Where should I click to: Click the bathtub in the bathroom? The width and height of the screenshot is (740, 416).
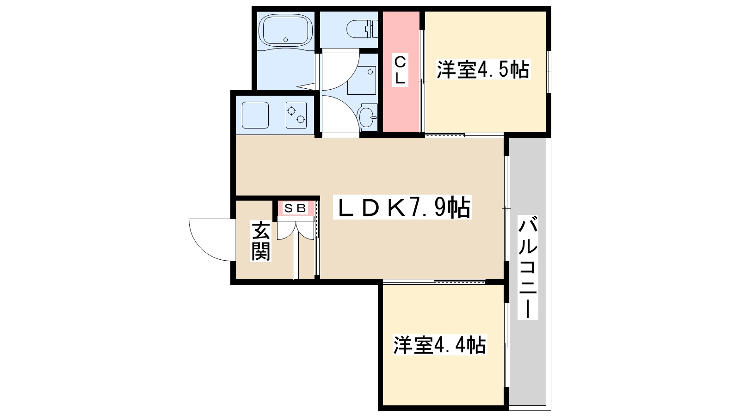tap(285, 30)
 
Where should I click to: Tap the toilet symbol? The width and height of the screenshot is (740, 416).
tap(358, 29)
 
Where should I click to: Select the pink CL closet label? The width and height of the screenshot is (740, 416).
tap(400, 70)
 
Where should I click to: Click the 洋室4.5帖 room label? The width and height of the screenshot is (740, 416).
tap(483, 70)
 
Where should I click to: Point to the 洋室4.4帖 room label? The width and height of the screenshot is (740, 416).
tap(439, 345)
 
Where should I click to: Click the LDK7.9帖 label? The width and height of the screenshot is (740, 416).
tap(402, 208)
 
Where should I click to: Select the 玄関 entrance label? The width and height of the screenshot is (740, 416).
tap(260, 241)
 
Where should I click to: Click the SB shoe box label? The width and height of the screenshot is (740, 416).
tap(295, 208)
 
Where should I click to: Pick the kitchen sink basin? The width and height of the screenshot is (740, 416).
tap(255, 115)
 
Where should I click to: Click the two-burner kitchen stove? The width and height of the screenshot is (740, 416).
tap(296, 115)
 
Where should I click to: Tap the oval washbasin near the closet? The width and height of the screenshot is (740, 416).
tap(368, 116)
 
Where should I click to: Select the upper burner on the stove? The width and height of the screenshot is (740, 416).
tap(291, 110)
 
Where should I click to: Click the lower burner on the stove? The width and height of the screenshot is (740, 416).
tap(301, 120)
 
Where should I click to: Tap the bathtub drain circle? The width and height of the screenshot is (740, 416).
tap(286, 40)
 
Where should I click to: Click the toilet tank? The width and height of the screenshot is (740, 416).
tap(370, 29)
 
